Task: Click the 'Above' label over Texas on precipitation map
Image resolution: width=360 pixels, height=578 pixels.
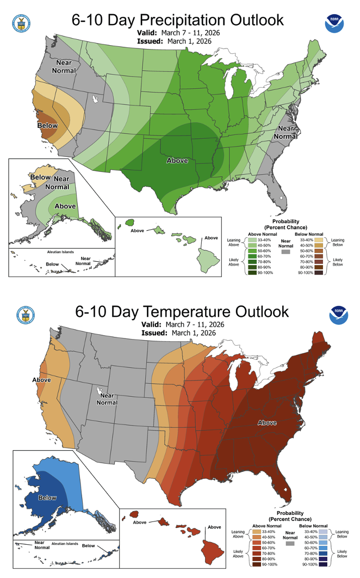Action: coord(177,161)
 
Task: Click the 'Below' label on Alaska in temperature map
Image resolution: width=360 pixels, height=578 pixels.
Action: coord(47,497)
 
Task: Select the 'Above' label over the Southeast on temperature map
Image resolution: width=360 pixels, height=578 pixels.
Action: coord(266,422)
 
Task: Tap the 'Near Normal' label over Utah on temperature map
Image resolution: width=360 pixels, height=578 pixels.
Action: coord(107,399)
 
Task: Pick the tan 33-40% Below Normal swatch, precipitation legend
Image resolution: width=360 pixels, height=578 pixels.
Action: coord(319,239)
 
